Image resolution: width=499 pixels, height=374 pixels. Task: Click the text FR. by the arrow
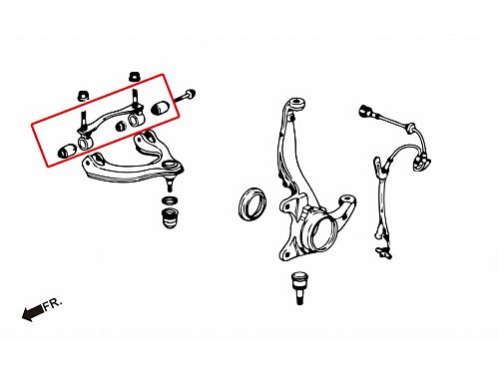[x=52, y=304]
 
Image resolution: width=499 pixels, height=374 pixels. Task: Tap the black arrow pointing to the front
[x=32, y=312]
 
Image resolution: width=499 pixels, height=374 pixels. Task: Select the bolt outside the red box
[x=185, y=96]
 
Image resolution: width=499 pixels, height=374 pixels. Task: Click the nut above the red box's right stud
[x=134, y=76]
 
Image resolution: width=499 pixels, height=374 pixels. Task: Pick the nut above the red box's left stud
[x=83, y=96]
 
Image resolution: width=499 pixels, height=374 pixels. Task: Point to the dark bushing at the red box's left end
[x=67, y=151]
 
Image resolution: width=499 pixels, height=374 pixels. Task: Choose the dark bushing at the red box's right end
[x=160, y=108]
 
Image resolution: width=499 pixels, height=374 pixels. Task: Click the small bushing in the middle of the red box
[x=121, y=126]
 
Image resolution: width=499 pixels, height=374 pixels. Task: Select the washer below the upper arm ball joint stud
[x=170, y=200]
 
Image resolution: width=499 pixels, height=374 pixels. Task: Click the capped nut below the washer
[x=170, y=217]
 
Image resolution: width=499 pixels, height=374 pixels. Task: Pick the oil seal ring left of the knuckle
[x=252, y=203]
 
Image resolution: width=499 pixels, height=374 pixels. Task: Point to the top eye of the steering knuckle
[x=296, y=103]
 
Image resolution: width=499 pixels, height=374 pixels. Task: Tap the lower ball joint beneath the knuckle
[x=299, y=287]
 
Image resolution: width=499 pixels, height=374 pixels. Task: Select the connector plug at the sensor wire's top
[x=366, y=111]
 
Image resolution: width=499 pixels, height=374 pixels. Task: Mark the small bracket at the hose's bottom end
[x=383, y=252]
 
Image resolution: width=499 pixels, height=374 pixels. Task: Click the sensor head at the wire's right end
[x=421, y=163]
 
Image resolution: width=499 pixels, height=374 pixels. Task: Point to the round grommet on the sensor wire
[x=411, y=128]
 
